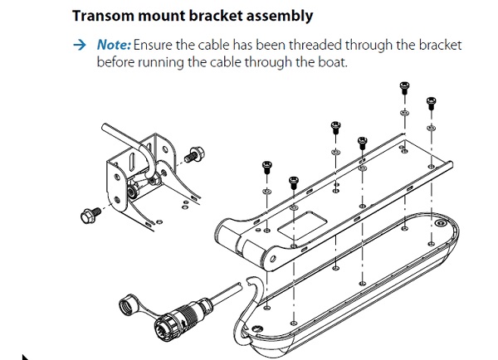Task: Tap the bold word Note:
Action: [114, 45]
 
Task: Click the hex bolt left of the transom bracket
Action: [87, 215]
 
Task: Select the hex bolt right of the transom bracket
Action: [197, 153]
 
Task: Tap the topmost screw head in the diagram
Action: [404, 87]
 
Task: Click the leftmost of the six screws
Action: [267, 166]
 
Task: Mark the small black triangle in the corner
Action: [25, 356]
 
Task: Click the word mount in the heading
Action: [156, 15]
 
